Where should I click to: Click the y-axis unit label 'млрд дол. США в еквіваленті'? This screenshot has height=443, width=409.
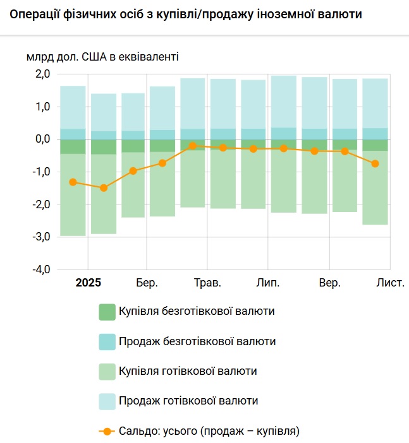(102, 57)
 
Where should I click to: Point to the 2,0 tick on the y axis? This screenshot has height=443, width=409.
(42, 74)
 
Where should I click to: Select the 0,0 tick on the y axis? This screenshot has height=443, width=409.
(42, 139)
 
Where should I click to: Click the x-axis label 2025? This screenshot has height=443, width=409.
(88, 283)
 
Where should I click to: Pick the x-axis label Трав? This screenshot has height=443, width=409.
(207, 283)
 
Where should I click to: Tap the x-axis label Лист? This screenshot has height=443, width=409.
(390, 283)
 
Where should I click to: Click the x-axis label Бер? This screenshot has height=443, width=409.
(147, 283)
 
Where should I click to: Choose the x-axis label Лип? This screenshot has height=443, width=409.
(267, 283)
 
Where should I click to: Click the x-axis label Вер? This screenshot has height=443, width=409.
(329, 283)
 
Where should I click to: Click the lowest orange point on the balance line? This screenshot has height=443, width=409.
(104, 188)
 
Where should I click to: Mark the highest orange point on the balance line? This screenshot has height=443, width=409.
(192, 146)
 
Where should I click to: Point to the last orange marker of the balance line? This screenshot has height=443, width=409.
(375, 163)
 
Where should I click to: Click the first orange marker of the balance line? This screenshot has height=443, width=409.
(73, 182)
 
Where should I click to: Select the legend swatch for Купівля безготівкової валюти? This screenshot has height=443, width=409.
(107, 312)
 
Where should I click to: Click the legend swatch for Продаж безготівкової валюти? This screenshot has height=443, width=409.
(107, 341)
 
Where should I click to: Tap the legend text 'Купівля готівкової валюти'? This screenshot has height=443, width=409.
(188, 371)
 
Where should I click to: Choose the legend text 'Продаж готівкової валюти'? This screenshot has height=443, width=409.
(188, 401)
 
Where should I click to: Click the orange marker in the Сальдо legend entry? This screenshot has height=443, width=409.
(107, 432)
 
